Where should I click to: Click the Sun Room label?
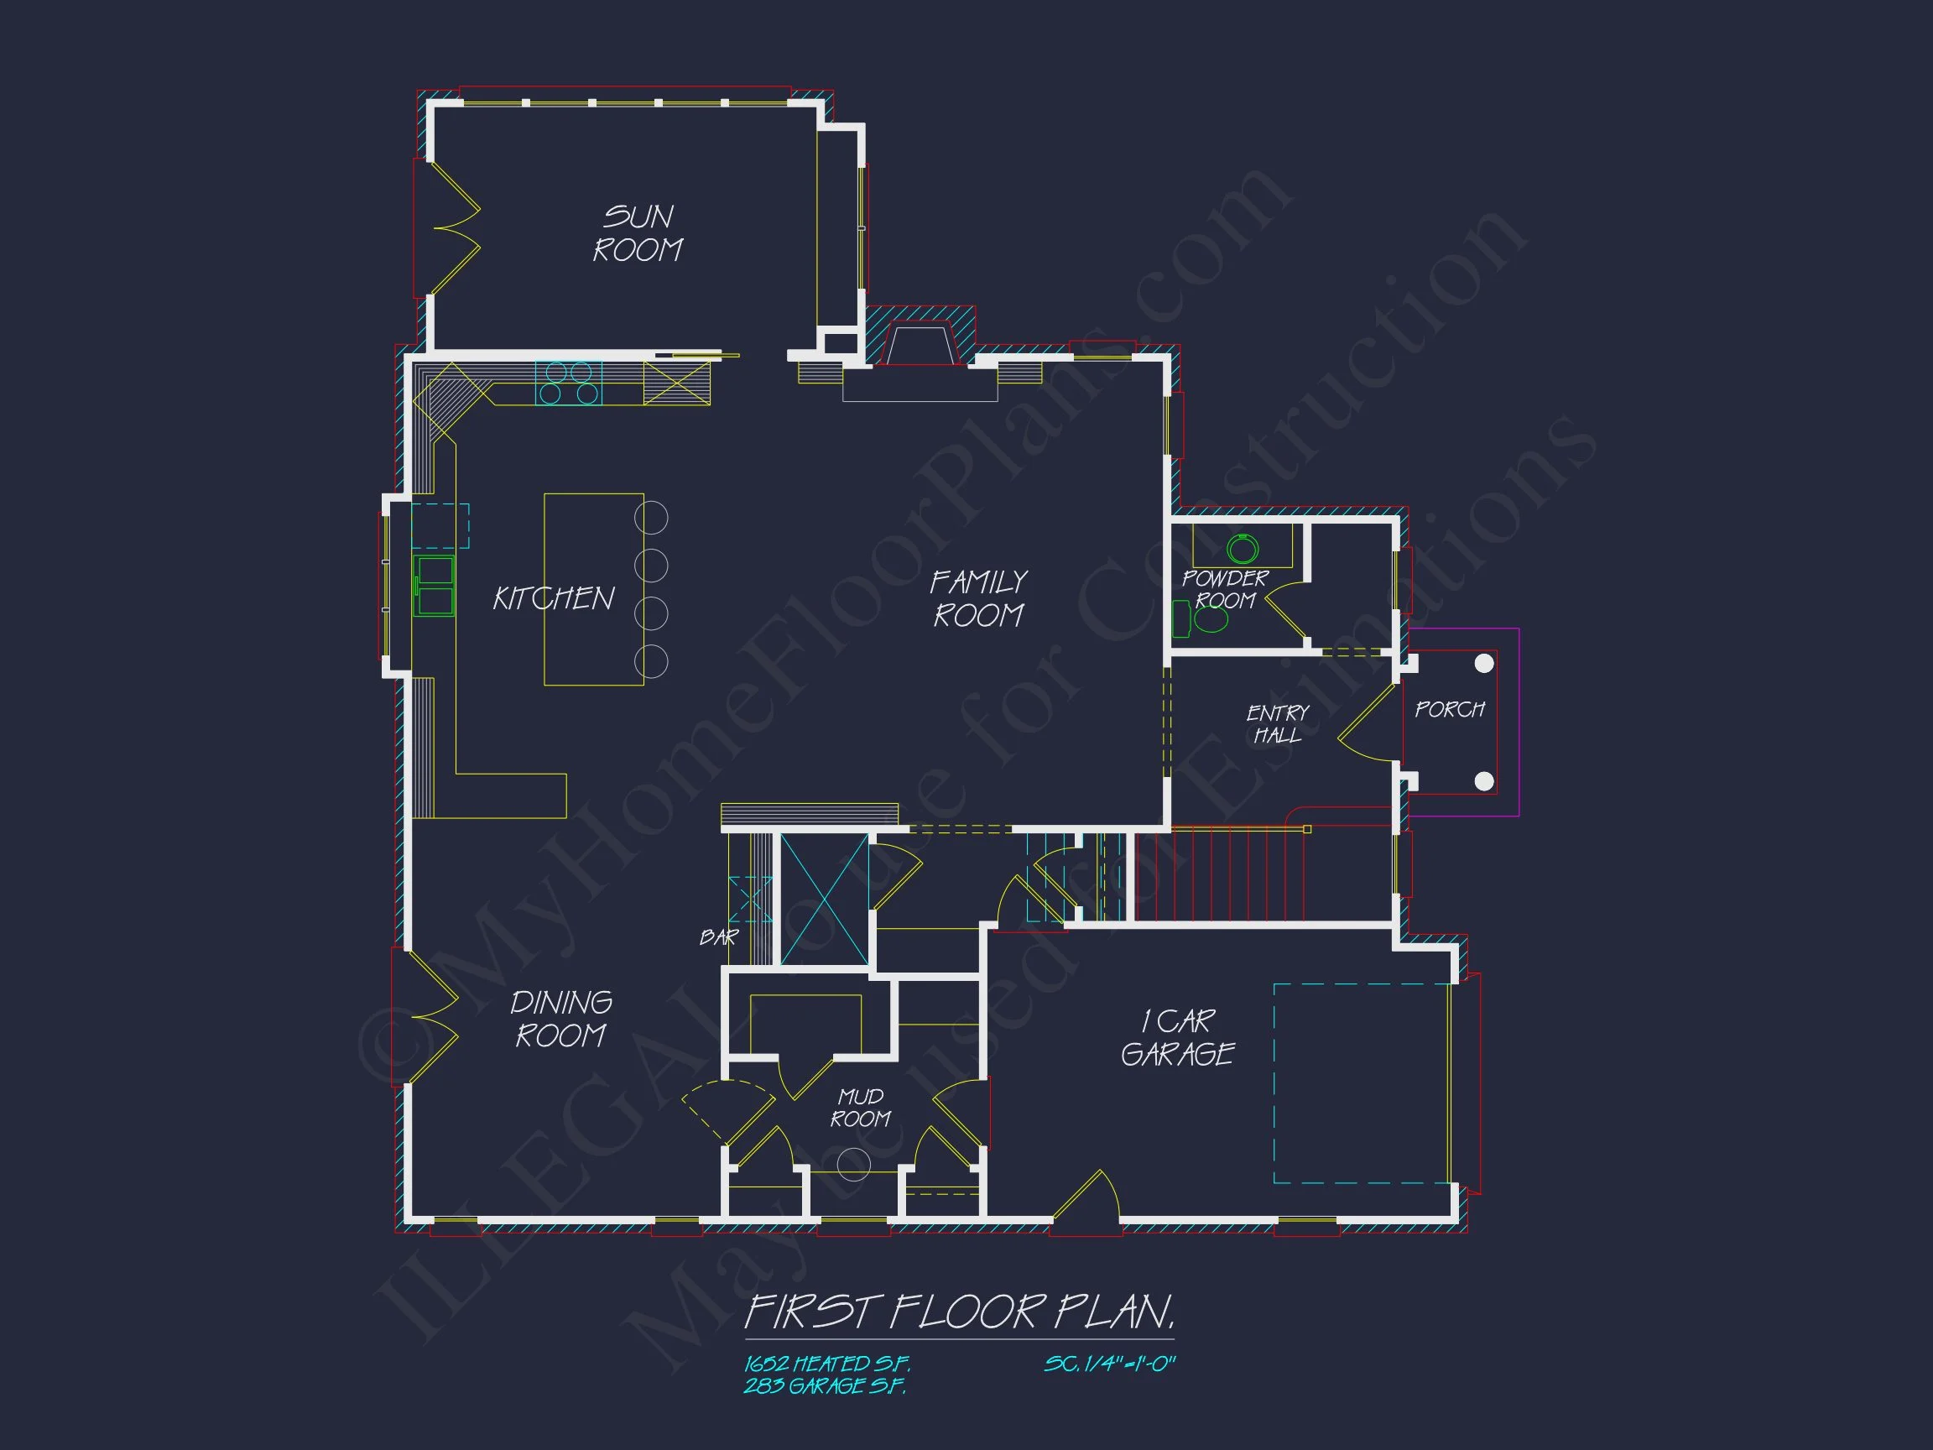pyautogui.click(x=638, y=233)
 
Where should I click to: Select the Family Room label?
pyautogui.click(x=978, y=598)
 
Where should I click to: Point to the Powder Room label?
pyautogui.click(x=1224, y=590)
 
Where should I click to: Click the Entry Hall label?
pyautogui.click(x=1277, y=724)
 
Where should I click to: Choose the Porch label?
pyautogui.click(x=1449, y=710)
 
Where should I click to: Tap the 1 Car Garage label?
pyautogui.click(x=1177, y=1037)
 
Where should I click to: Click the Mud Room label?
pyautogui.click(x=860, y=1108)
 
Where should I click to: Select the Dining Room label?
pyautogui.click(x=561, y=1019)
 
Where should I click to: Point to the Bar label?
pyautogui.click(x=718, y=938)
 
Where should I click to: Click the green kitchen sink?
pyautogui.click(x=434, y=587)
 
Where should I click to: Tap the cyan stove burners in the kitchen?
pyautogui.click(x=568, y=383)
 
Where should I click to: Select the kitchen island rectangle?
pyautogui.click(x=593, y=589)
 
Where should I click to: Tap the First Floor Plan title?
pyautogui.click(x=959, y=1312)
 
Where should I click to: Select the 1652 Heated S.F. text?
pyautogui.click(x=826, y=1364)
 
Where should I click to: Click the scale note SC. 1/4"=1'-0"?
pyautogui.click(x=1110, y=1364)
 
